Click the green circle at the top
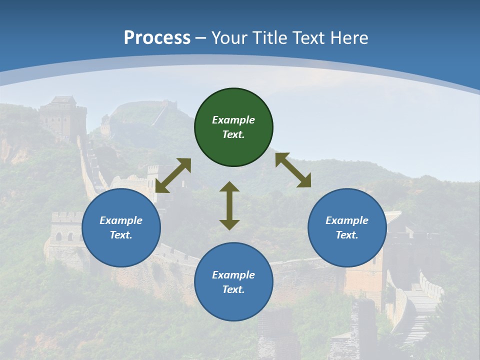click(233, 127)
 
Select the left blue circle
click(121, 228)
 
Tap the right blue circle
click(347, 228)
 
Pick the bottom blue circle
click(233, 282)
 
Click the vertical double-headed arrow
click(229, 205)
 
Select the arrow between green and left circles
click(173, 175)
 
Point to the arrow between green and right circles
click(293, 170)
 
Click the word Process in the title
click(157, 37)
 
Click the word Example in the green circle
click(233, 120)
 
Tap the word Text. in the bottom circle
click(233, 289)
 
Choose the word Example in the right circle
click(347, 220)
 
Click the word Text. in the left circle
click(121, 235)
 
